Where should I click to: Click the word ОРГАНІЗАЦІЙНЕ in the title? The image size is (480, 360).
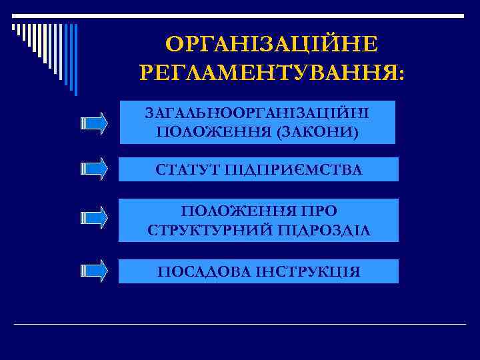point(271,45)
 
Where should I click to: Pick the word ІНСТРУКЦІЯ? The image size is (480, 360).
point(308,272)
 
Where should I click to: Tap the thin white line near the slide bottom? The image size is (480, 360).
point(240,324)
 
